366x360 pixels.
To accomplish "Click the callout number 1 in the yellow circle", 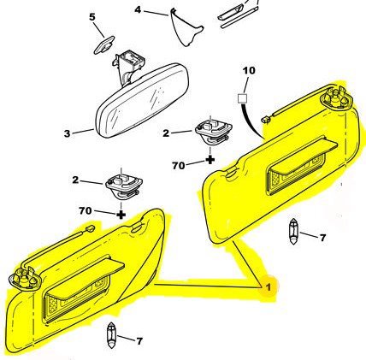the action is pos(268,287).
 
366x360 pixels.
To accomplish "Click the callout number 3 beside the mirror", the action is pos(67,133).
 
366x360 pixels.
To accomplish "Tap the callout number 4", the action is pos(138,10).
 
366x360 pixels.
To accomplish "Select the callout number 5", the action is pos(92,17).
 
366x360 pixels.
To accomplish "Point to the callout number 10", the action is pos(249,70).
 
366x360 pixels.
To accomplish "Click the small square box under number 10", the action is pos(243,98).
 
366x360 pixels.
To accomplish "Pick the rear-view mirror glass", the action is pos(142,101).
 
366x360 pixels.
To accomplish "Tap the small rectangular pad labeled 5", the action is pos(104,44).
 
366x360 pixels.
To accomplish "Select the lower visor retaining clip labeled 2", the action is pos(124,186).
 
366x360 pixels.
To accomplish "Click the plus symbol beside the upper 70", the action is pos(210,160).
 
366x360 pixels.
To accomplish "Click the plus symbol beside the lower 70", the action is pos(121,215).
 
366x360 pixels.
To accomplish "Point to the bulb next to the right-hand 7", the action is pos(293,232).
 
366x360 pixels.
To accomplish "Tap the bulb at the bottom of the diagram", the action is pos(110,335).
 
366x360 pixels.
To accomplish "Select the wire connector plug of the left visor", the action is pos(90,228).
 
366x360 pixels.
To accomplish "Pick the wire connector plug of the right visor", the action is pos(267,120).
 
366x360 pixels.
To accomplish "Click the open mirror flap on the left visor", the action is pos(86,279).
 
